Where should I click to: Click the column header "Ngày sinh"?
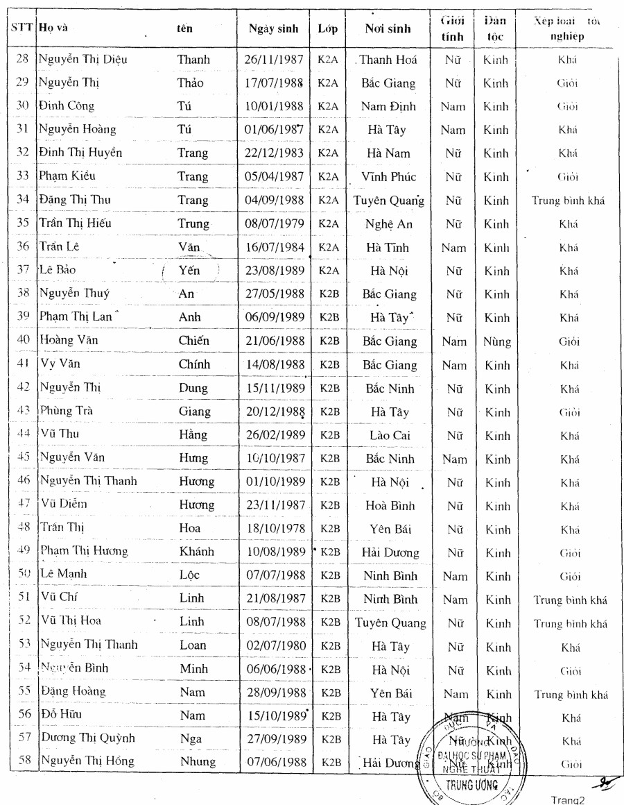coord(273,29)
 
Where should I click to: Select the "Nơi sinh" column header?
coord(388,29)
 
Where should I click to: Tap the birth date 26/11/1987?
coord(273,60)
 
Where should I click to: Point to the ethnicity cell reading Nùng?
coord(496,341)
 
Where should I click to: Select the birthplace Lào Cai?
coord(388,435)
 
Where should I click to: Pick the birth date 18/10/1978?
coord(273,529)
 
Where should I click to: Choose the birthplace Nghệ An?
coord(388,224)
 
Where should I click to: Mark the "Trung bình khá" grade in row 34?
coord(569,201)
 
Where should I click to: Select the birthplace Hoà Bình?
coord(390,505)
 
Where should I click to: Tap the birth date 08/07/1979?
coord(273,224)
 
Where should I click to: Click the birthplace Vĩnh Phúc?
coord(388,177)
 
